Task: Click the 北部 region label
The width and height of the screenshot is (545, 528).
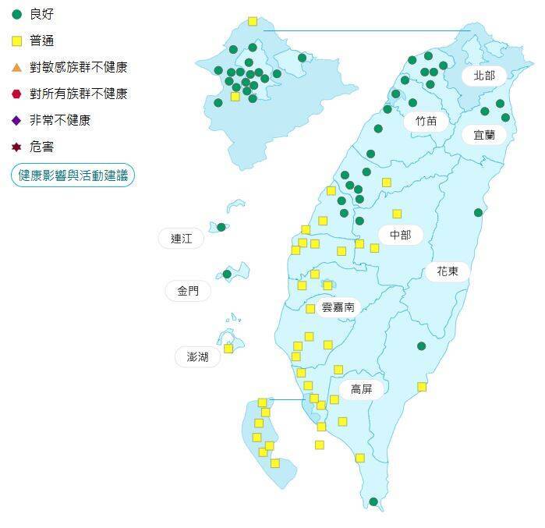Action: point(484,76)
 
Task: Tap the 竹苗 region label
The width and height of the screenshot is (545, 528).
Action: point(426,121)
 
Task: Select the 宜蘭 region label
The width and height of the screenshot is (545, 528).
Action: point(484,135)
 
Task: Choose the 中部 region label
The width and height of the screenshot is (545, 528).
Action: point(401,235)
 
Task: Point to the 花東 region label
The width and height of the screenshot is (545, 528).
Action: point(447,271)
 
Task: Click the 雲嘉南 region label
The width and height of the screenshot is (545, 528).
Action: point(338,307)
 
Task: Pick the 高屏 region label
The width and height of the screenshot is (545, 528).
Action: point(361,389)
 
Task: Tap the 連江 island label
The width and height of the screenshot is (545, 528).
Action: point(181,239)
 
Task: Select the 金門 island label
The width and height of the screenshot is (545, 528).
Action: point(188,291)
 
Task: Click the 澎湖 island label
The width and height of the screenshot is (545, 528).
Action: point(197,357)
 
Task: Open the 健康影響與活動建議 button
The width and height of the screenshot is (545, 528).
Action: point(73,175)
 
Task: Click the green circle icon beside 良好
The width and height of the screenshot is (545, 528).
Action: point(16,14)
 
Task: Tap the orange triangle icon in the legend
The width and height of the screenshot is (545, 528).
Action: point(16,67)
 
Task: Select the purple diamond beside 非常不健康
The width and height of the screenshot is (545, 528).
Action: point(16,120)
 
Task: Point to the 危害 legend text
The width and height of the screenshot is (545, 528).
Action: point(42,147)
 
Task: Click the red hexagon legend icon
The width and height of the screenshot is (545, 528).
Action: point(16,94)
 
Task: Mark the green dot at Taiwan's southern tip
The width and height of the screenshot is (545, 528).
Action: point(373,501)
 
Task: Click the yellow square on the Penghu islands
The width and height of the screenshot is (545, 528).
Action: point(228,349)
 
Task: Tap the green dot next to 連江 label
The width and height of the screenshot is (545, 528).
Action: point(221,227)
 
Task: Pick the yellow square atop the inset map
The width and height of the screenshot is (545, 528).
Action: point(253,22)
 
